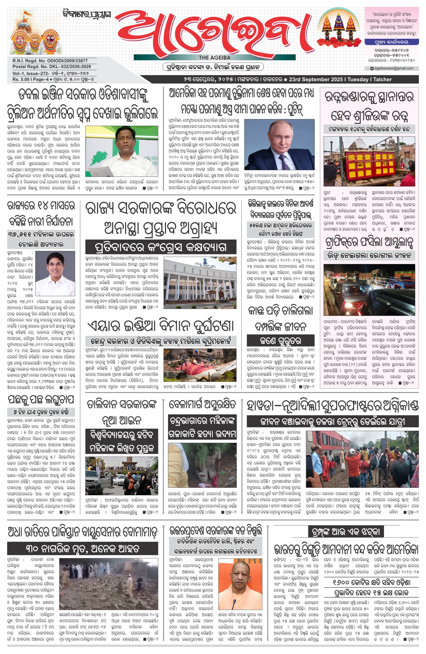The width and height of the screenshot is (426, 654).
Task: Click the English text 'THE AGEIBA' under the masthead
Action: point(214,58)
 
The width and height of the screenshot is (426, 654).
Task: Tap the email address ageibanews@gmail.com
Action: point(393,68)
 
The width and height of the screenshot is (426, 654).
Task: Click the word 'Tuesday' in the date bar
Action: point(358,80)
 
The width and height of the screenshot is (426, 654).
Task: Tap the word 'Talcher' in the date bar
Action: point(382,80)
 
